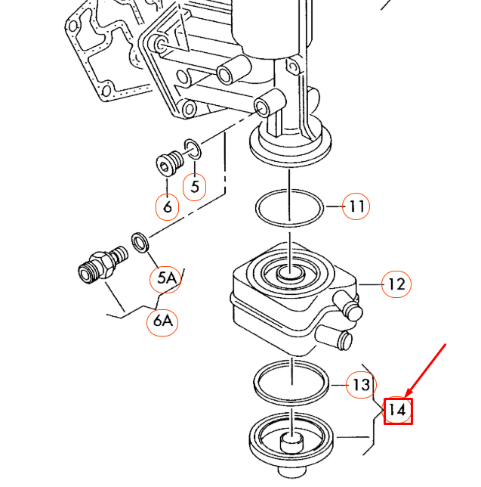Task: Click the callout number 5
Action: point(195,187)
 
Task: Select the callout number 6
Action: point(167,207)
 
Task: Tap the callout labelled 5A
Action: point(165,279)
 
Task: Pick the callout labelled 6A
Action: point(162,322)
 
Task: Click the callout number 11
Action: point(356,206)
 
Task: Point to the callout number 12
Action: point(396,284)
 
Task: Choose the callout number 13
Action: point(361,385)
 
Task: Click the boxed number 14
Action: point(398,411)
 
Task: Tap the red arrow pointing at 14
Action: point(426,371)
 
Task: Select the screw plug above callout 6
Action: point(169,163)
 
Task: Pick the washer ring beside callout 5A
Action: point(140,242)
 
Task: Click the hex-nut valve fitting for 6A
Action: point(102,265)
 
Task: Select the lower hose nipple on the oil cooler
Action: point(335,337)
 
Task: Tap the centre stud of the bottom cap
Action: point(291,442)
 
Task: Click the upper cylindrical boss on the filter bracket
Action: point(234,70)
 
